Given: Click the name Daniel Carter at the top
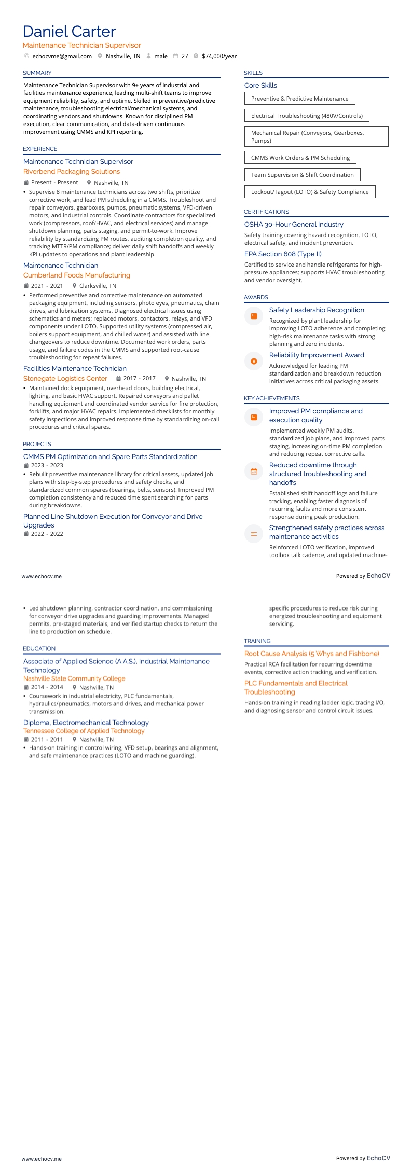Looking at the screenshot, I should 69,32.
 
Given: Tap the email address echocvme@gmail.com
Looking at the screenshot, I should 62,56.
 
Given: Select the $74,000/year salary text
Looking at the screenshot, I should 219,56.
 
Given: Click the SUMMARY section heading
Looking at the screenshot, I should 37,73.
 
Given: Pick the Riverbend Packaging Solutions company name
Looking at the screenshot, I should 72,172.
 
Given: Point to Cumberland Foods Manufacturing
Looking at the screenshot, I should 77,275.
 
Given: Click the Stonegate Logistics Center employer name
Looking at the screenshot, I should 65,379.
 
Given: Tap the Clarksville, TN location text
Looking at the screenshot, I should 98,286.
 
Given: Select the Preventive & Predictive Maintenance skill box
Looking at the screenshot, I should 299,99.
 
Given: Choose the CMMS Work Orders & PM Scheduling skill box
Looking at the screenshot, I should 300,158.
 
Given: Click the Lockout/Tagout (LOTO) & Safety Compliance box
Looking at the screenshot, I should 309,192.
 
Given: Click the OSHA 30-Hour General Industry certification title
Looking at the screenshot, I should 294,225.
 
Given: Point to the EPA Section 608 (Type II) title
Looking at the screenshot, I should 283,254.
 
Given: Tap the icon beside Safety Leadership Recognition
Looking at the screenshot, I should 254,316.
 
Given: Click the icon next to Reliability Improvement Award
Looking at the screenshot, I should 254,361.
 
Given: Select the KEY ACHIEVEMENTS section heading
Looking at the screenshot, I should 272,398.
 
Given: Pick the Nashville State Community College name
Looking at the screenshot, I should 74,678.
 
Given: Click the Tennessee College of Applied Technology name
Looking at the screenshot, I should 84,731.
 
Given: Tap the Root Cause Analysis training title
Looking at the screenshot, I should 311,654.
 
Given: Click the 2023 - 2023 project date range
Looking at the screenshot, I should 47,465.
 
